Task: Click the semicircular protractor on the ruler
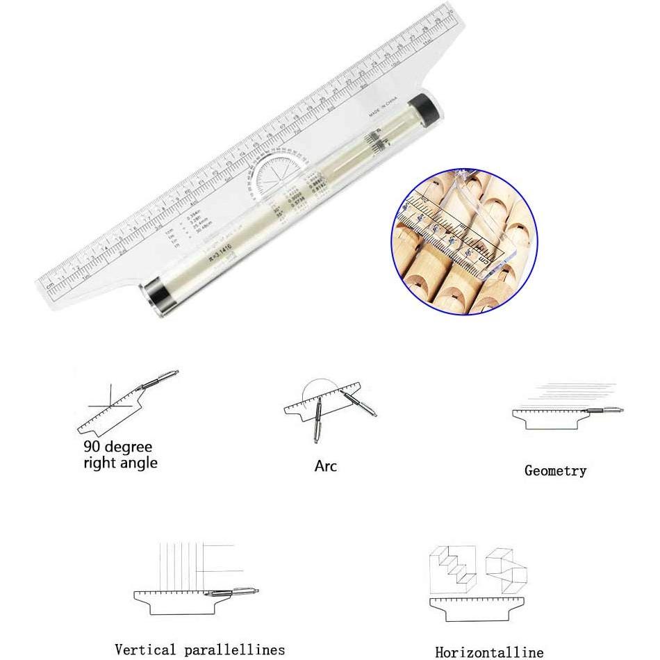click(274, 177)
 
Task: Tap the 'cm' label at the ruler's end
click(50, 286)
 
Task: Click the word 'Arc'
click(325, 465)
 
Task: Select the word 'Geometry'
click(555, 471)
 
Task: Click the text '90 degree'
click(117, 446)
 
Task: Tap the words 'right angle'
click(120, 463)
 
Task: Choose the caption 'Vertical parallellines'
click(199, 650)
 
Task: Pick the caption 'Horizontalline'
click(489, 652)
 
